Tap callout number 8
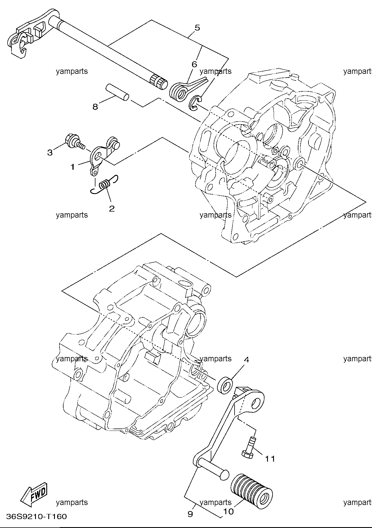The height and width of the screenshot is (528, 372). pos(95,107)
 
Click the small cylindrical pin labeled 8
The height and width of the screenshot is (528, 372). pos(118,92)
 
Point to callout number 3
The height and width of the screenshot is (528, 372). pos(50,152)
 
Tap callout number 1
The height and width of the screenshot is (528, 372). pos(72,167)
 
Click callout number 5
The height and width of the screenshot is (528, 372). pos(197,28)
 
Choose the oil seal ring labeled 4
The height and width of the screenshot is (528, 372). pos(225,385)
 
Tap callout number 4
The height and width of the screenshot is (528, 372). pos(246,359)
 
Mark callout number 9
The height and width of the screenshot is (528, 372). pos(190,514)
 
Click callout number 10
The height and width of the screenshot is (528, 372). pos(229,511)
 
